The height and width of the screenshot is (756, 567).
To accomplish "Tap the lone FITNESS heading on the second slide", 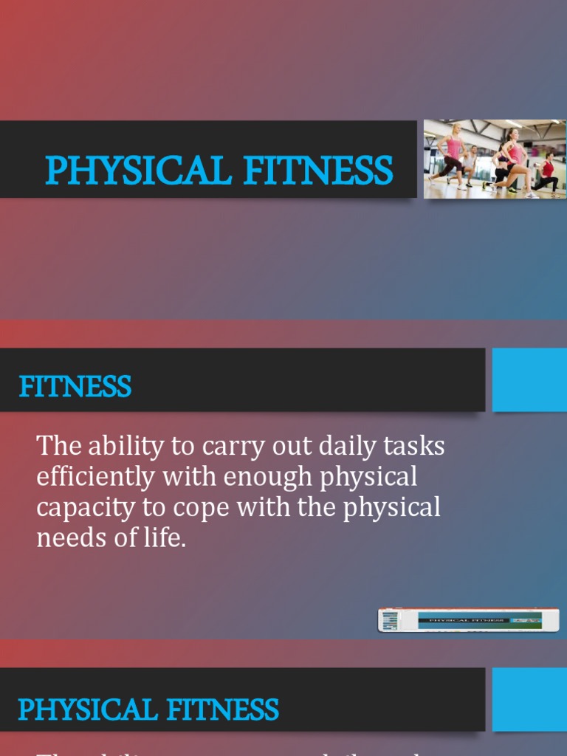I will tap(75, 387).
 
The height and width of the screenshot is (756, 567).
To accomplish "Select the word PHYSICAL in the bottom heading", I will tap(86, 710).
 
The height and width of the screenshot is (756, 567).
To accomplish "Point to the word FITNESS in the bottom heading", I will tap(223, 710).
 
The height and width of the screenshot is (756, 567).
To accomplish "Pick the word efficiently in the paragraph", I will tap(96, 477).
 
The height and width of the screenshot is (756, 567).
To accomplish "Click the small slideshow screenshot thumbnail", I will tap(468, 620).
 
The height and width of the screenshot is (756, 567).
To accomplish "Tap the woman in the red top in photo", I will tap(546, 171).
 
